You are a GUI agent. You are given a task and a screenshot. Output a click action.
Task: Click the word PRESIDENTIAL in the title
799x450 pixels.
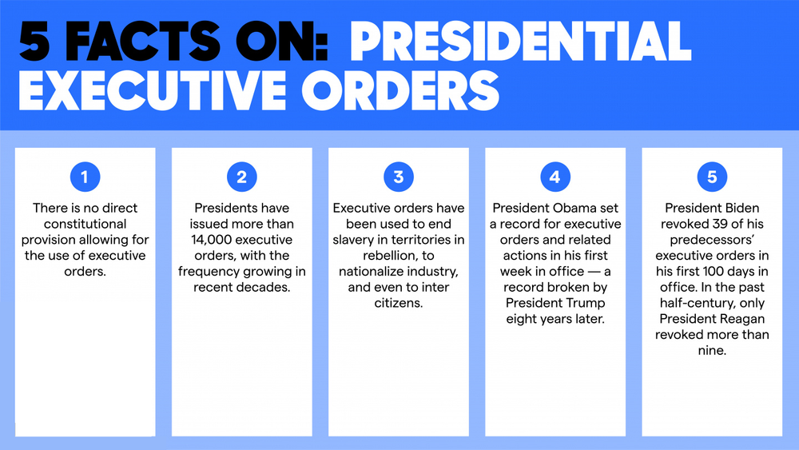click(520, 41)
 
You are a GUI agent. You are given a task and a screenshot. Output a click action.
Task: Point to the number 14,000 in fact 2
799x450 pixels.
click(219, 240)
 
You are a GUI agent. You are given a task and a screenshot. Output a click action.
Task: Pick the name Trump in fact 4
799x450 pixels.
click(582, 303)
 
